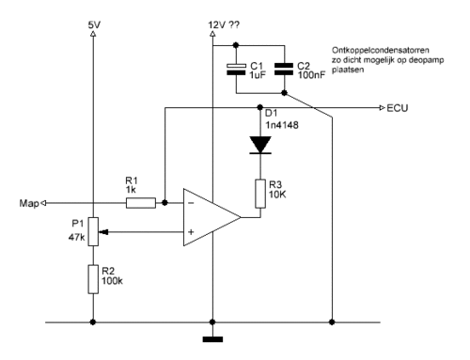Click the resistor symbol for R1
coord(141,203)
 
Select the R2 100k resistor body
coord(93,279)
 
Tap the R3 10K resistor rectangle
coord(260,194)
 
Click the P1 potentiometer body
coord(93,231)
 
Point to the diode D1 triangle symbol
coord(260,145)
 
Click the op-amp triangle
coord(211,217)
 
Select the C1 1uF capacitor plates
coord(236,70)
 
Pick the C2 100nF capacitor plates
coord(284,70)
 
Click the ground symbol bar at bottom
coord(212,339)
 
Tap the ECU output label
coord(398,108)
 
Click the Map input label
coord(29,203)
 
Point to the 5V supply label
coord(94,24)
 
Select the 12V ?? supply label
coord(224,24)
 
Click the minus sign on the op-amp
coord(191,203)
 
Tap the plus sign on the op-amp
coord(191,232)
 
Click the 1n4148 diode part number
coord(282,125)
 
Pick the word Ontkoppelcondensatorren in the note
coord(381,50)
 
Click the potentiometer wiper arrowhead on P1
coord(103,232)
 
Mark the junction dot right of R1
coord(164,203)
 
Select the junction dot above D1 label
coord(259,107)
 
